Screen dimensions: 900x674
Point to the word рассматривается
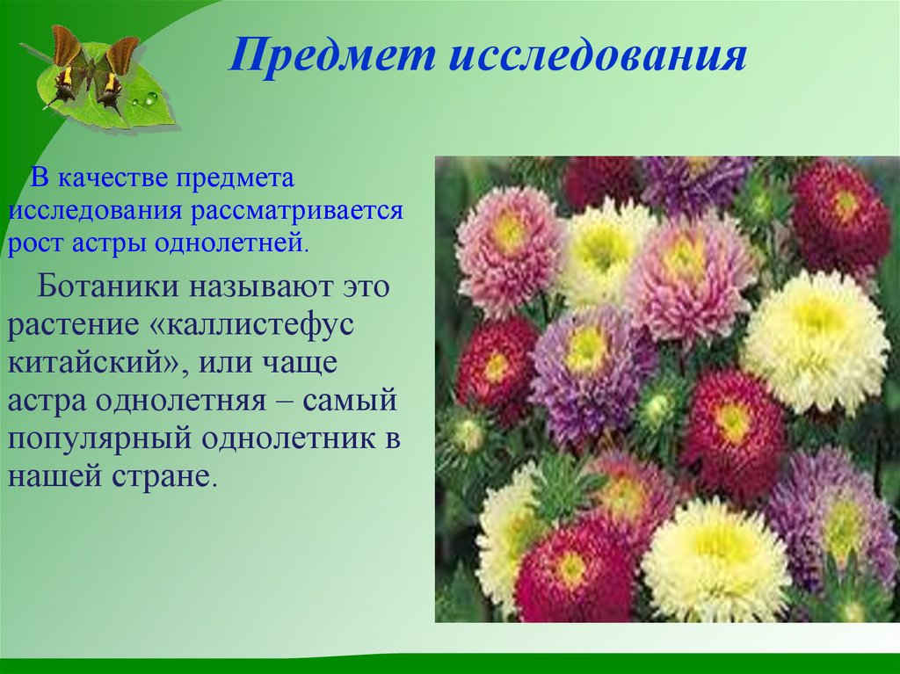[x=297, y=211]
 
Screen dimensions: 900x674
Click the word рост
[x=36, y=244]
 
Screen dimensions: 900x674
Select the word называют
[x=261, y=287]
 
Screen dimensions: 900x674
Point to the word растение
[x=74, y=326]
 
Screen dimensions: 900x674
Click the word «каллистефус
[x=250, y=325]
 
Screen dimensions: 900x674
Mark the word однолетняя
[x=180, y=401]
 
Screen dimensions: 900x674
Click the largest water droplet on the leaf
[x=151, y=98]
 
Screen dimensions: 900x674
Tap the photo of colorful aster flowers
[x=667, y=389]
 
